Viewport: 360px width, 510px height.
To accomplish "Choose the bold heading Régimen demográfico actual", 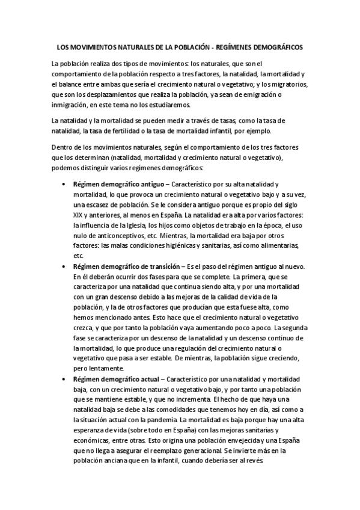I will point(114,380).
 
